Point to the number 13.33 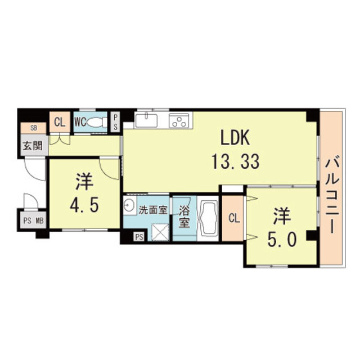(235, 162)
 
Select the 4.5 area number (85, 203)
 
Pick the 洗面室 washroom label (153, 210)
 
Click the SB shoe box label (26, 128)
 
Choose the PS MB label (33, 220)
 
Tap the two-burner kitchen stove (180, 119)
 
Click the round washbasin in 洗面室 (129, 205)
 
